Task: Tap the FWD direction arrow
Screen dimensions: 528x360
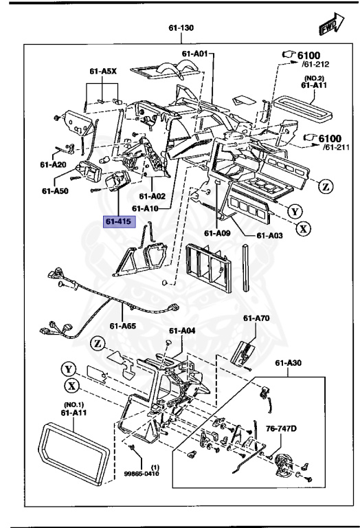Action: tap(331, 26)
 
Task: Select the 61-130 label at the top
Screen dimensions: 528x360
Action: tap(181, 30)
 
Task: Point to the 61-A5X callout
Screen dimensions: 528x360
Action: tap(102, 70)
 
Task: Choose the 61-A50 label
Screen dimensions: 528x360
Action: tap(55, 190)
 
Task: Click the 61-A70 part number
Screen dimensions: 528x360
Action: tap(256, 318)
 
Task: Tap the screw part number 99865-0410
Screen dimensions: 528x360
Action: tap(155, 474)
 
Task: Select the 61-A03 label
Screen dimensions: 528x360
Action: tap(269, 235)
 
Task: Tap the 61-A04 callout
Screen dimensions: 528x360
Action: tap(183, 331)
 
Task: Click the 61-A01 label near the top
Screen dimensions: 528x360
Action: tap(195, 53)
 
